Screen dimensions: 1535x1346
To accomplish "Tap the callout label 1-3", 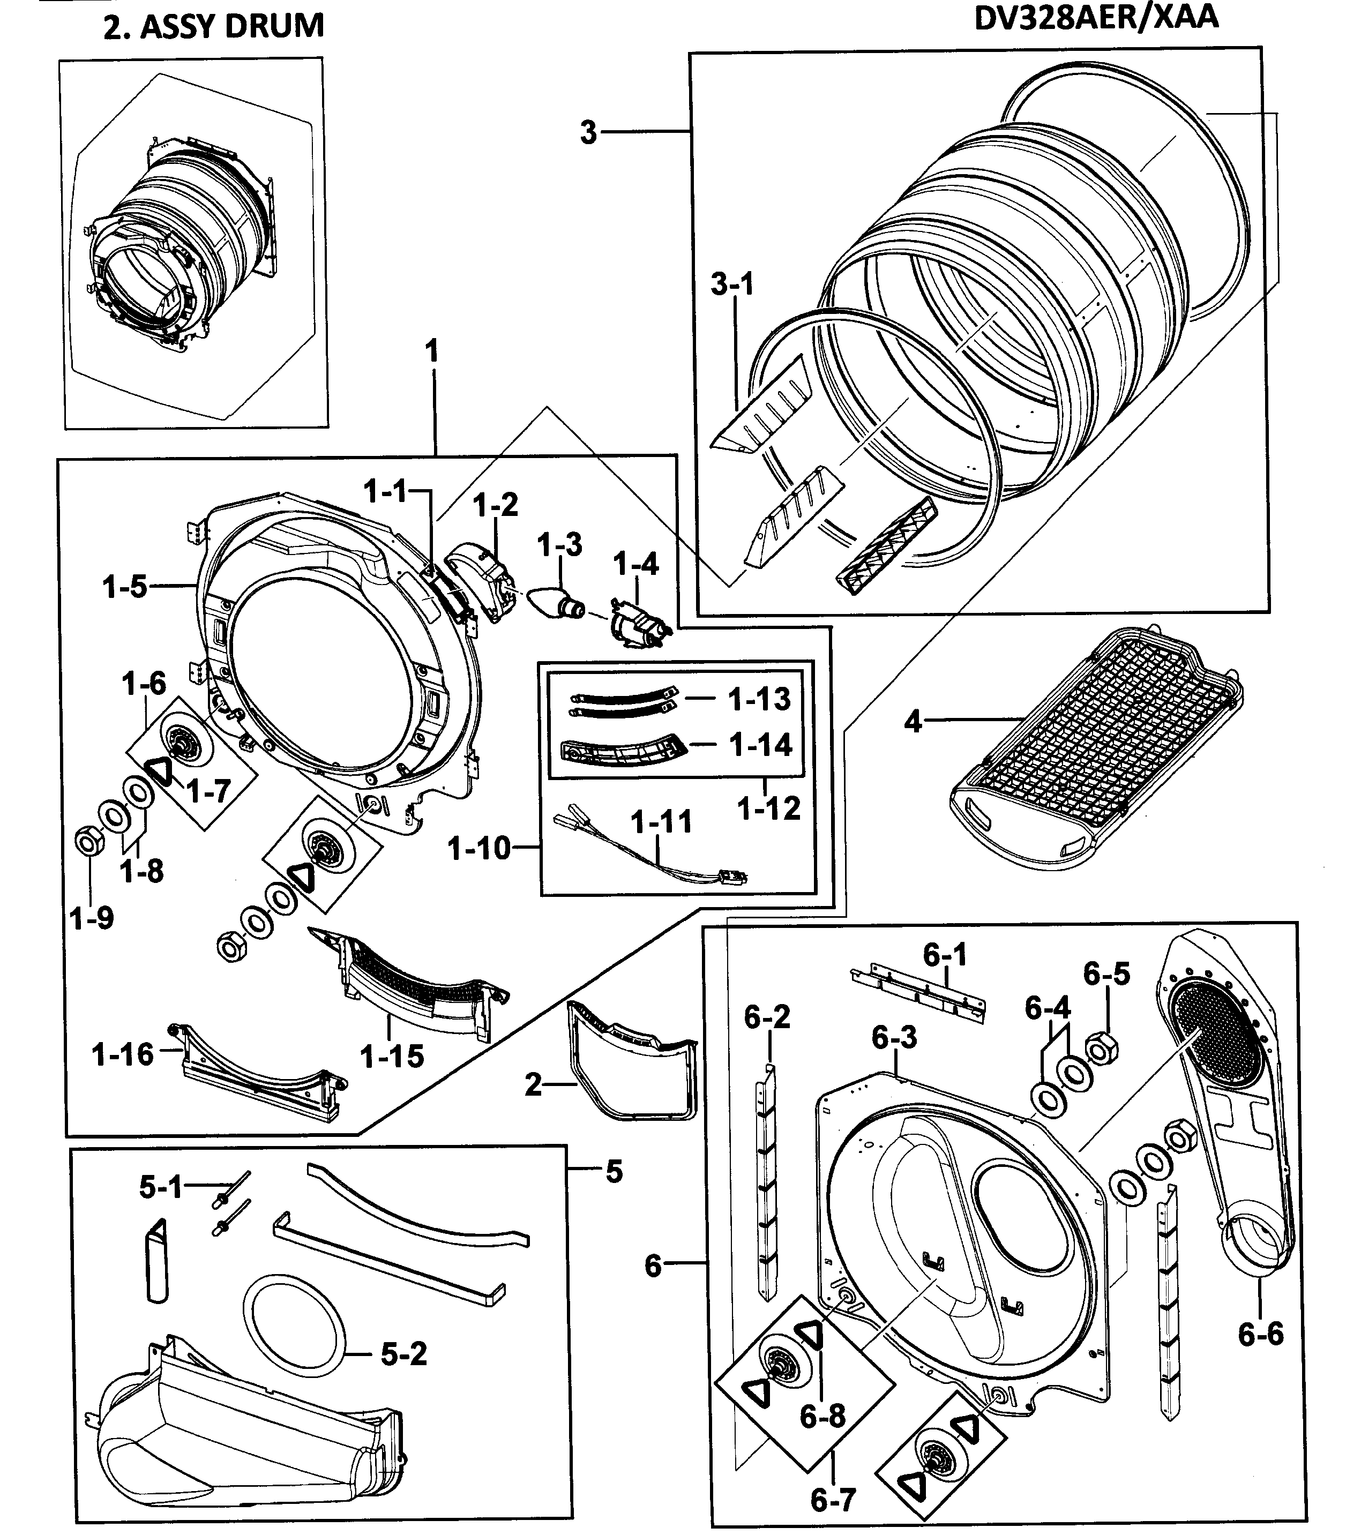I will (559, 545).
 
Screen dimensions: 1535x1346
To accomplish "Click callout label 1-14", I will (760, 745).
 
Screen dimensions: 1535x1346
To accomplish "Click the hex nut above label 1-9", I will (88, 841).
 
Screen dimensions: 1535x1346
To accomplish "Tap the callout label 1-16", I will (122, 1054).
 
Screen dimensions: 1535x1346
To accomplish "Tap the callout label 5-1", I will (161, 1187).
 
